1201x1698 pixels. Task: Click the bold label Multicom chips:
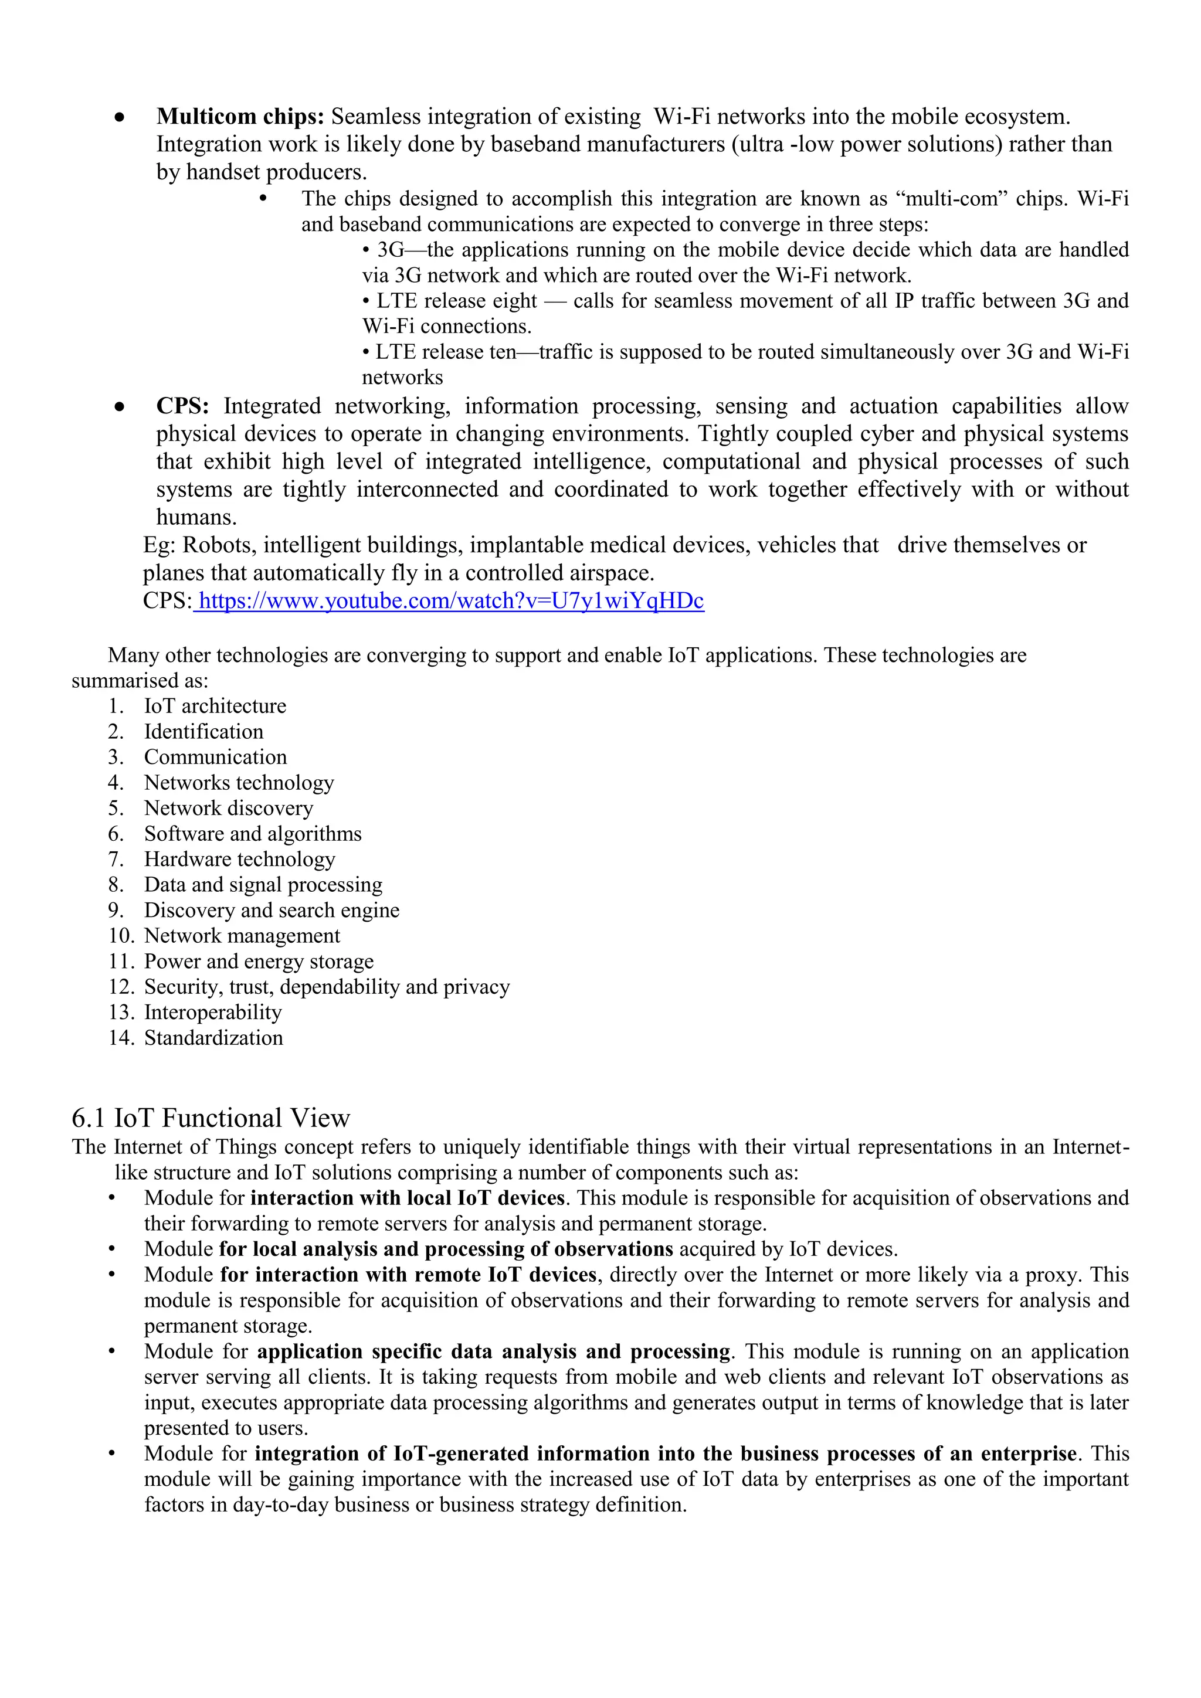240,117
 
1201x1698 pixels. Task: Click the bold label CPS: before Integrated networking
182,406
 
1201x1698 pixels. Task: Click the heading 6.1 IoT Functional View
211,1118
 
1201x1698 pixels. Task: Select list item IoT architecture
215,707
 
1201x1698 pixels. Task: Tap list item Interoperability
213,1013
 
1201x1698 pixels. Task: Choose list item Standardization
213,1038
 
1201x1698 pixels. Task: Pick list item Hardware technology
240,860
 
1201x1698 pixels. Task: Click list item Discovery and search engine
272,911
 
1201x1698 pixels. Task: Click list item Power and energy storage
259,962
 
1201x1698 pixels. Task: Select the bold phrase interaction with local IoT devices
408,1198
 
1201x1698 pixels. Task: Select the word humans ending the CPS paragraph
196,518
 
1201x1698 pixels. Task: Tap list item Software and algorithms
253,834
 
